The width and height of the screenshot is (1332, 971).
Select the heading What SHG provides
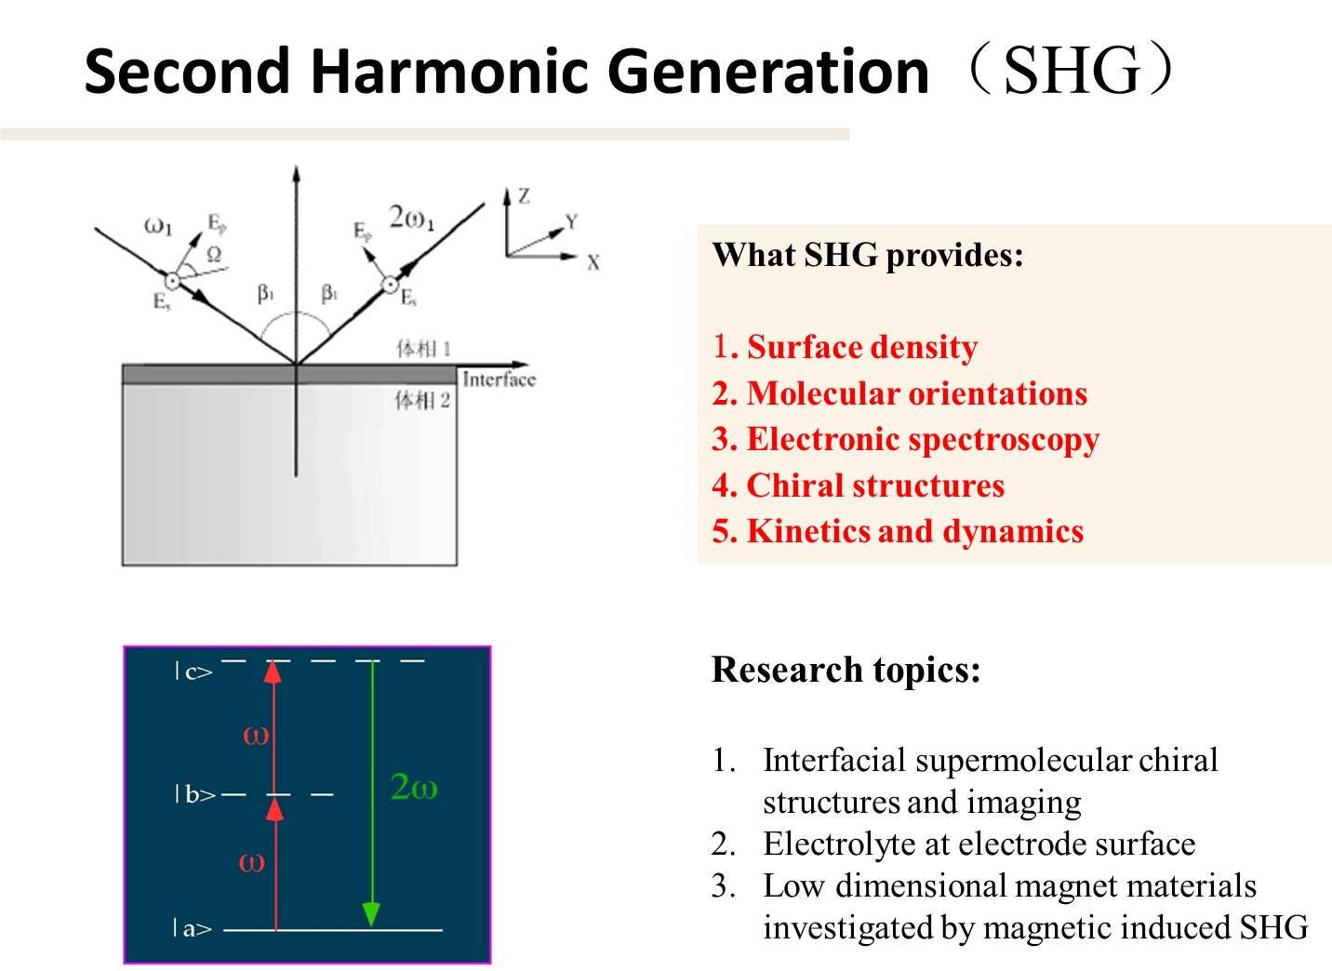868,256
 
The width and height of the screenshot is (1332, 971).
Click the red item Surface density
845,347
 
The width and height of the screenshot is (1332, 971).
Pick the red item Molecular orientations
899,393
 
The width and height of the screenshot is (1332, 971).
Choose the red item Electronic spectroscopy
906,441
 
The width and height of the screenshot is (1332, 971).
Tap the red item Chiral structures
858,485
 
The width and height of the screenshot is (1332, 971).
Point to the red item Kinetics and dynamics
898,532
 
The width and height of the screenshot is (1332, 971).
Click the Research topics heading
846,671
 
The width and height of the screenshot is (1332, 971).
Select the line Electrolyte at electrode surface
979,845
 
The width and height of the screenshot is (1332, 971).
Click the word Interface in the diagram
499,379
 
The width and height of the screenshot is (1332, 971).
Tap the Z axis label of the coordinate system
524,196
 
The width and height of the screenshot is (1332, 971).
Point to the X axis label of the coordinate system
593,263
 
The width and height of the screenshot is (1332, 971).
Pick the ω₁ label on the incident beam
158,226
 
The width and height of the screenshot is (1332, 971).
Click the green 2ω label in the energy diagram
414,787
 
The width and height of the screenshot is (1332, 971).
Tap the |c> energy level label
193,672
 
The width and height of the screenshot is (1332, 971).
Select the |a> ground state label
193,929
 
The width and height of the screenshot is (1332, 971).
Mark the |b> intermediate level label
195,794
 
